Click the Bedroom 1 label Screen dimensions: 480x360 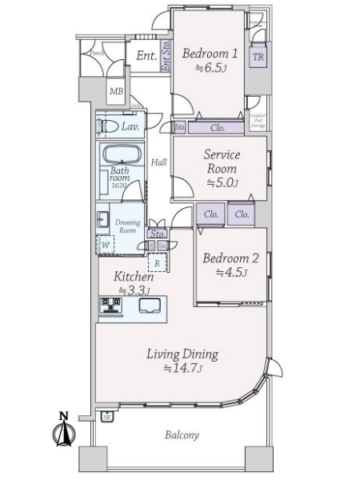point(210,54)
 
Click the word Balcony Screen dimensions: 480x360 point(182,436)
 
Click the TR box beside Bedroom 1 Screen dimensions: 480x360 point(258,57)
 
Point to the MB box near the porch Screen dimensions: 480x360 point(116,91)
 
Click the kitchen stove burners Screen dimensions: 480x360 point(110,306)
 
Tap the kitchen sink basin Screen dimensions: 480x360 point(150,306)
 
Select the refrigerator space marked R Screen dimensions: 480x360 point(158,262)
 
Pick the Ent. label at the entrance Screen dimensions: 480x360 point(146,56)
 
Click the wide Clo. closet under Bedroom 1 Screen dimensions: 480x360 point(216,127)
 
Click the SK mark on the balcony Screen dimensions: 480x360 point(106,415)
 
